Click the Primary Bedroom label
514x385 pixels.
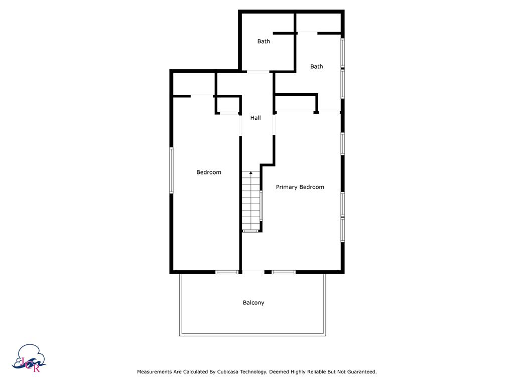coord(300,187)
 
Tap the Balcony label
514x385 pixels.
coord(253,303)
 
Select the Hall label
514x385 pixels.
coord(255,118)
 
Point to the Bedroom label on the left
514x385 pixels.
coord(208,172)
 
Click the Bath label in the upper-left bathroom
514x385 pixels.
coord(264,41)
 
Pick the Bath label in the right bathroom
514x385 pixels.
coord(316,66)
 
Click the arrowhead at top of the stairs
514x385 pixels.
coord(251,173)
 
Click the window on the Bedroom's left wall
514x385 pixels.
coord(171,170)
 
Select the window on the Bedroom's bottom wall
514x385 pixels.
coord(227,272)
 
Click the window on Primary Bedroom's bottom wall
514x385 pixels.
coord(284,272)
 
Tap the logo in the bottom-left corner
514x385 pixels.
coord(32,359)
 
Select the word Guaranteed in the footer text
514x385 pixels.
coord(359,372)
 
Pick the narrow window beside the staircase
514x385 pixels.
coord(261,205)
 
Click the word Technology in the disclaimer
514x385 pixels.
coord(255,372)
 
